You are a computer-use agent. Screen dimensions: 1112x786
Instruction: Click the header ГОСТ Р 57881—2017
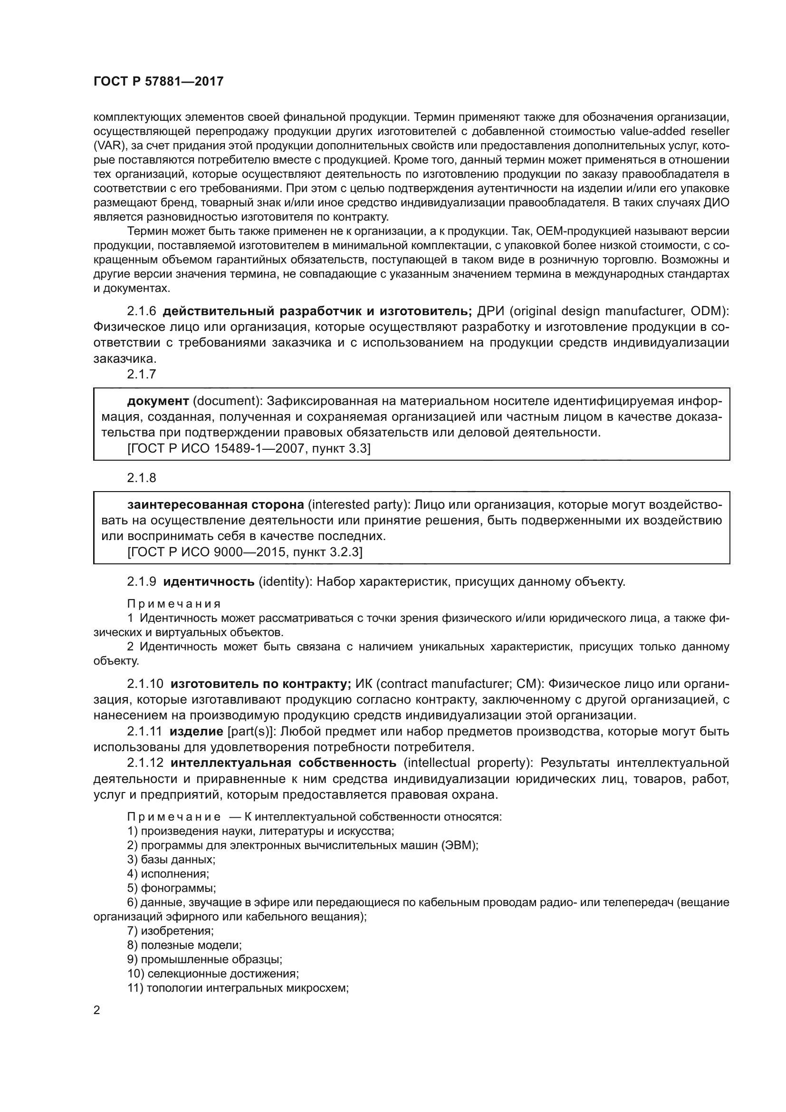click(158, 81)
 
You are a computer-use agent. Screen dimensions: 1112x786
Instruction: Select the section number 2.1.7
click(141, 374)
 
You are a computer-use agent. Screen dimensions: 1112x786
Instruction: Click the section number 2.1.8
click(141, 477)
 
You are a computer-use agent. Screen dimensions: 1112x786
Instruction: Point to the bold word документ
click(158, 401)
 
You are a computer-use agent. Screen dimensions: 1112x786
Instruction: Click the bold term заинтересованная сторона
click(215, 505)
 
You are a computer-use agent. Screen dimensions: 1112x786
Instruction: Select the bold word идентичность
click(209, 581)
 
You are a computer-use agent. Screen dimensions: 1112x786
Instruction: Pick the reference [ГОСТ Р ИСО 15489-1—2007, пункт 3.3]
click(249, 448)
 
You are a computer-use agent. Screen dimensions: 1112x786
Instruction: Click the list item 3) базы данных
click(172, 860)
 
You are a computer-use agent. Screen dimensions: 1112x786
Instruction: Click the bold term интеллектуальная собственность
click(283, 763)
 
